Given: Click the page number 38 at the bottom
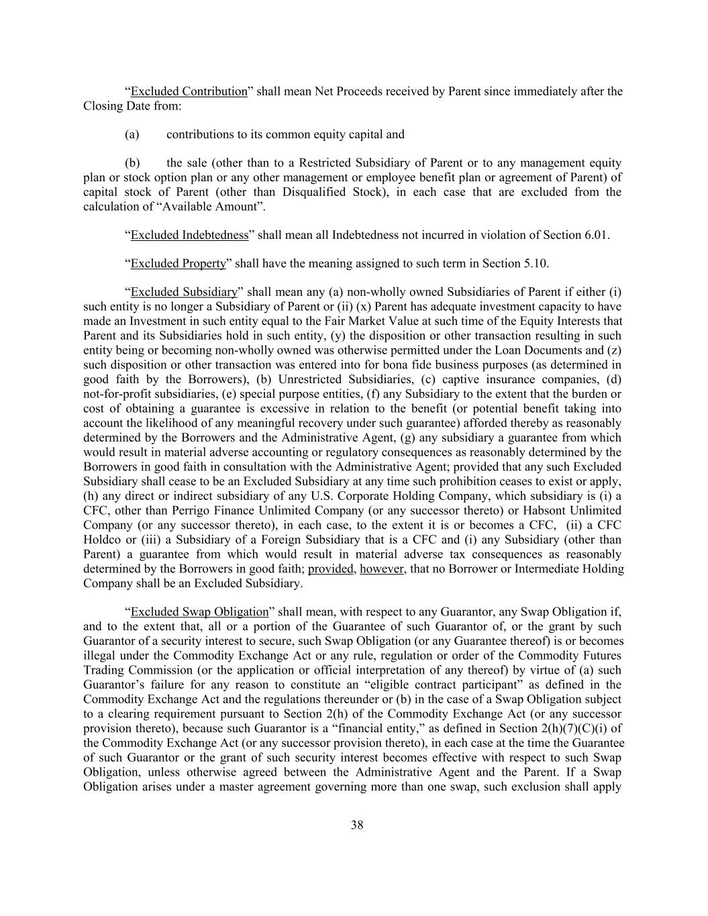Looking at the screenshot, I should (x=356, y=825).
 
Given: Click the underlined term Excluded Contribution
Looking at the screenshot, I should (x=189, y=91).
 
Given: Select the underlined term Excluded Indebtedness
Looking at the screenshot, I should (x=189, y=235).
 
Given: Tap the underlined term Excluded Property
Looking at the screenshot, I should (x=178, y=264).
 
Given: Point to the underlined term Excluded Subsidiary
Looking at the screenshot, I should (x=184, y=292).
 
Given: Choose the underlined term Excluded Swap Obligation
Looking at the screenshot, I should (x=199, y=612).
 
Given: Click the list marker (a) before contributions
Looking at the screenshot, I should (x=132, y=134).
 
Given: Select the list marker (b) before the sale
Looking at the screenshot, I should (x=132, y=163).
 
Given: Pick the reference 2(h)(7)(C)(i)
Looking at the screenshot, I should (x=576, y=729).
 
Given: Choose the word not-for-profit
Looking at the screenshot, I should (x=115, y=394).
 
